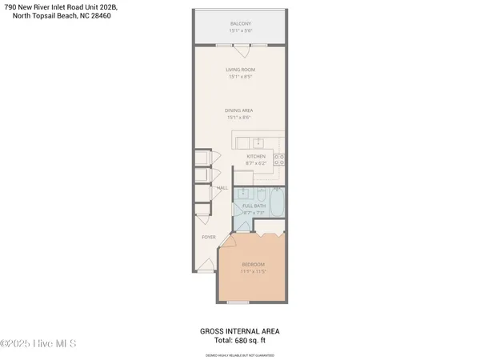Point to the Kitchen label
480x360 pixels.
tap(255, 156)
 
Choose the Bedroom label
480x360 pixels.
tap(253, 264)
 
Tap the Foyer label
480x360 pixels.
tap(208, 237)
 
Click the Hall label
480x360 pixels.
tap(222, 188)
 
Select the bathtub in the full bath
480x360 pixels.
tap(278, 203)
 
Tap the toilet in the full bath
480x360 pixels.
tap(262, 196)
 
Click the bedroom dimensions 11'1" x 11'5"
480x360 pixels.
tap(253, 272)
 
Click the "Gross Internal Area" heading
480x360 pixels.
tap(239, 330)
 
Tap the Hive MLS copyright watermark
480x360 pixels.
tap(38, 344)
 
